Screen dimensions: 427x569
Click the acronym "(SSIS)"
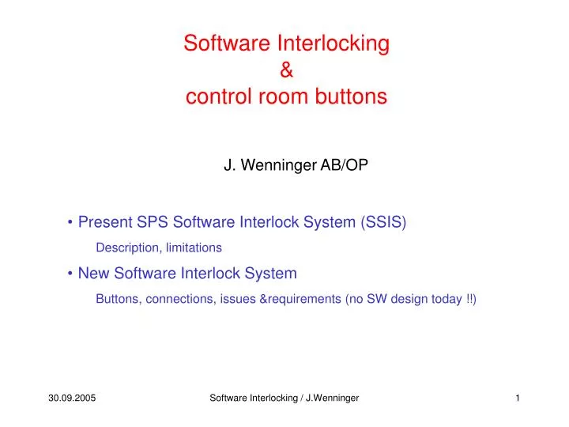click(383, 222)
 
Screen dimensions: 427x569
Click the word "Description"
click(127, 248)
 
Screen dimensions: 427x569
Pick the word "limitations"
click(194, 248)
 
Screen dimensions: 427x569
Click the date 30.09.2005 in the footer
click(71, 398)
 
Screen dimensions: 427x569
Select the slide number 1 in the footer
click(517, 398)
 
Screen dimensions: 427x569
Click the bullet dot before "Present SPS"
click(71, 223)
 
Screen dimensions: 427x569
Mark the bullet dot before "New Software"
click(71, 274)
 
